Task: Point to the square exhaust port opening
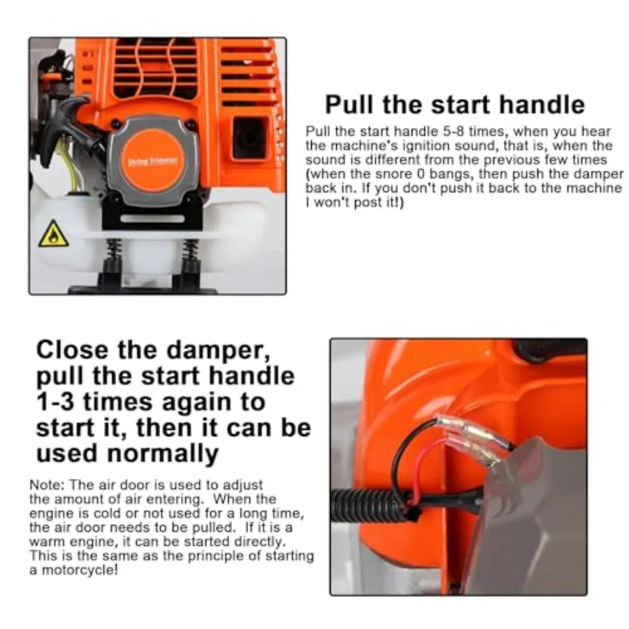250,136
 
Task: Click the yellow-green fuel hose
68,168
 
